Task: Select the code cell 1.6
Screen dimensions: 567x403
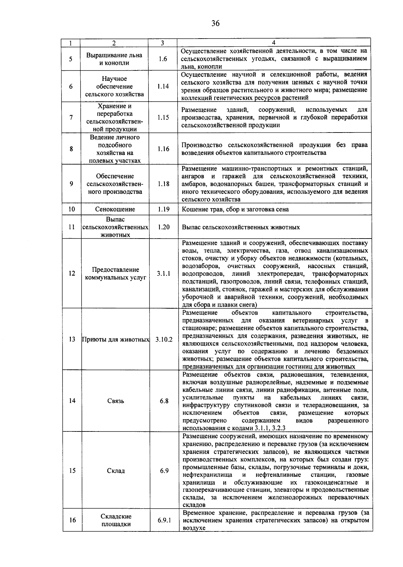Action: pos(163,59)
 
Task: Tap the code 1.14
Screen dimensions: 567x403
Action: pos(163,86)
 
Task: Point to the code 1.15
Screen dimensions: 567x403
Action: pos(163,117)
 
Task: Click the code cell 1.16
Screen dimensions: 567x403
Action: pos(163,149)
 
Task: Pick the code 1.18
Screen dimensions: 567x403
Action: pos(163,184)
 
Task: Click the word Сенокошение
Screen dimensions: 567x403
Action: pos(115,209)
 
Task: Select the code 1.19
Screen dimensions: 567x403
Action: pos(164,209)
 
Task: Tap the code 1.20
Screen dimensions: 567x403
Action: pos(164,227)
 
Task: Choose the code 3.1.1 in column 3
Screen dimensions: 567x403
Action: pos(164,274)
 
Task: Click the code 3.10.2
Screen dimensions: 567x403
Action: pos(164,339)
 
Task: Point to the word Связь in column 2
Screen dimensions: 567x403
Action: pos(116,401)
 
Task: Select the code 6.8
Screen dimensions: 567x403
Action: pos(164,401)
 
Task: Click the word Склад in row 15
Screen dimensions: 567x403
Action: pos(116,471)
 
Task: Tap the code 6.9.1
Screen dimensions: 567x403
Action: pos(164,520)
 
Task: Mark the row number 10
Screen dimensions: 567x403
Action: pos(72,209)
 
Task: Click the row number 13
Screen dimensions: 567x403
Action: pos(72,339)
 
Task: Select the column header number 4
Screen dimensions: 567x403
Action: pos(274,43)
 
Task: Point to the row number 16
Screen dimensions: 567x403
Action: pos(73,520)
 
